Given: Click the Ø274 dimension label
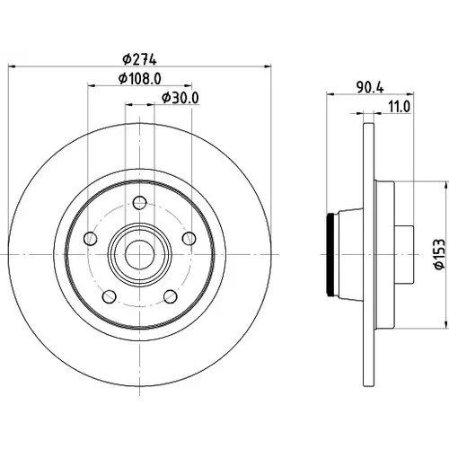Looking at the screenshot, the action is click(139, 59).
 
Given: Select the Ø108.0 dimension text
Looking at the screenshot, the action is click(140, 79).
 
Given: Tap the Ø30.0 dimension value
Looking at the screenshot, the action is click(180, 98).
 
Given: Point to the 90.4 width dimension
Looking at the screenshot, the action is click(370, 87).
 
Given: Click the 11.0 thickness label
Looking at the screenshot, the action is click(400, 107).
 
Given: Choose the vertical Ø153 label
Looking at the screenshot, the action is click(440, 254).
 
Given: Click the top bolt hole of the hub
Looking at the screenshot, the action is click(139, 203).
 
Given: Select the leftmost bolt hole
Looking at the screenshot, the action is click(91, 238).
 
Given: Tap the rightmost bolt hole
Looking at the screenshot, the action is click(189, 238).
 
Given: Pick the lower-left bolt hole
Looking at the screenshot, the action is click(110, 296).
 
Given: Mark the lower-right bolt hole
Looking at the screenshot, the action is click(171, 296).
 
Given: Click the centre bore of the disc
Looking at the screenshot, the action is click(140, 255).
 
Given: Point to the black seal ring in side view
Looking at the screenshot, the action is click(330, 254).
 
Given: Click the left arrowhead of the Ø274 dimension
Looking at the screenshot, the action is click(12, 66).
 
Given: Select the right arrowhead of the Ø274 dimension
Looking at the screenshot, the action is click(268, 66).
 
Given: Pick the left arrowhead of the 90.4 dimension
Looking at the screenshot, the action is click(330, 94).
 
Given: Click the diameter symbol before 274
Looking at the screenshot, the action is click(127, 60).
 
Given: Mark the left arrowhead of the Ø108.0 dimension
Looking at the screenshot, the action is click(92, 85).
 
